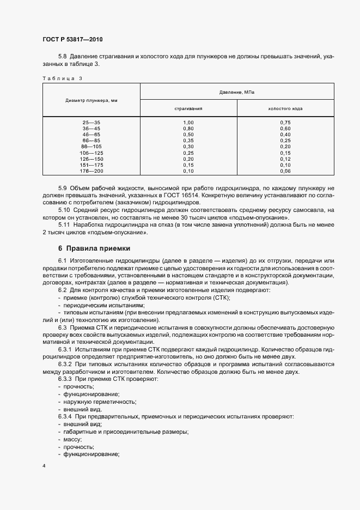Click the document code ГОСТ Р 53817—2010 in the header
72,40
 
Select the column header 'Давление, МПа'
237,92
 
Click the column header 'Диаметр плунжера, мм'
91,101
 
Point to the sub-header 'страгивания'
188,108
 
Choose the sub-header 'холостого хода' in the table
285,108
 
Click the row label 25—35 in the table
91,123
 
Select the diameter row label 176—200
91,171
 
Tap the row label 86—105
91,147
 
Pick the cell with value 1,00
188,123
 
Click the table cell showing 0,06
285,171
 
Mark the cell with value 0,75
285,123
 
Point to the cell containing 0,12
285,159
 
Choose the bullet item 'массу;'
73,439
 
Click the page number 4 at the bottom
44,466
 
